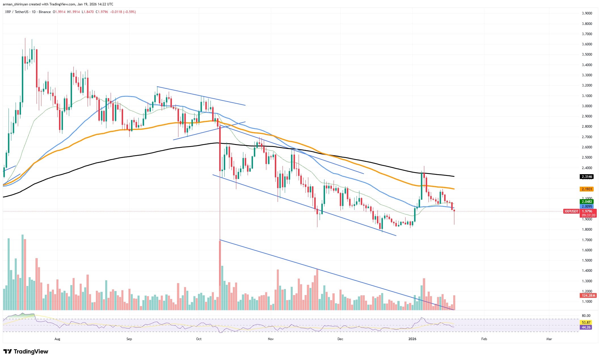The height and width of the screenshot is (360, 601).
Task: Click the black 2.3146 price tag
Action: pyautogui.click(x=587, y=177)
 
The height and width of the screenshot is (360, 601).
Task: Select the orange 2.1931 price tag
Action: pyautogui.click(x=587, y=189)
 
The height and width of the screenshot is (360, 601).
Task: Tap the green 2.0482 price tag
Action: pyautogui.click(x=587, y=202)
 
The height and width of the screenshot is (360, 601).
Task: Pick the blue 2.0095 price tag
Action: pyautogui.click(x=587, y=206)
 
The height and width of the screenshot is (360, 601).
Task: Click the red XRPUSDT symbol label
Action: pyautogui.click(x=571, y=211)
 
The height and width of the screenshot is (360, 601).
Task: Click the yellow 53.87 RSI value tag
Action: pyautogui.click(x=586, y=323)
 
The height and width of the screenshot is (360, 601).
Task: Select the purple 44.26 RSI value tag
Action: pyautogui.click(x=586, y=327)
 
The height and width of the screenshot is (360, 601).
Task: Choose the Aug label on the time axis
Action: pyautogui.click(x=57, y=339)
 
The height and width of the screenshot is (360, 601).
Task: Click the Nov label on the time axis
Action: pyautogui.click(x=271, y=339)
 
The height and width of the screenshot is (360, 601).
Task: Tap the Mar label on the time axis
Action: pyautogui.click(x=549, y=339)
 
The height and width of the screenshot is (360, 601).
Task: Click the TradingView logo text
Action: pyautogui.click(x=31, y=351)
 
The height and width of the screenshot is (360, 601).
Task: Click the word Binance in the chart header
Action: pyautogui.click(x=45, y=12)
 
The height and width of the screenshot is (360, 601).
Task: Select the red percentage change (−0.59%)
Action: pyautogui.click(x=129, y=12)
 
